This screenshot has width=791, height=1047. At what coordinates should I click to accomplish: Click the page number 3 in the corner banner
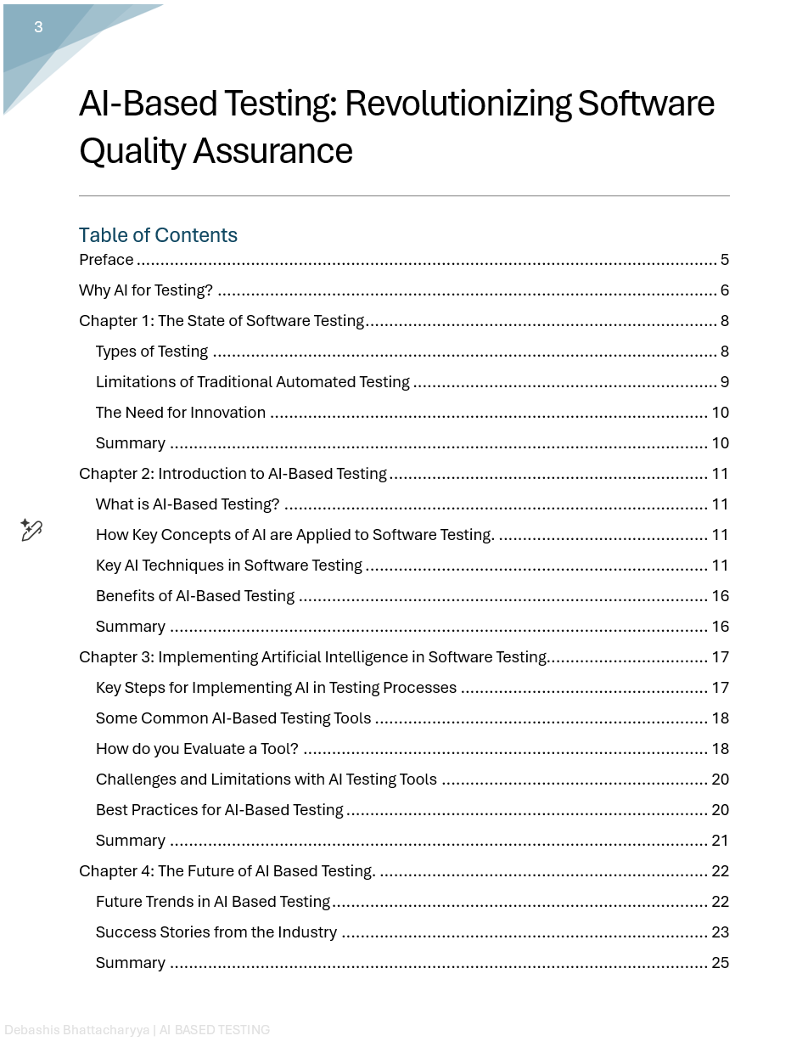point(38,27)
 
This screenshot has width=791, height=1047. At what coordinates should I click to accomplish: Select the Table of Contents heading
point(158,235)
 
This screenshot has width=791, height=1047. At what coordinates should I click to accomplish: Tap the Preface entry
point(106,260)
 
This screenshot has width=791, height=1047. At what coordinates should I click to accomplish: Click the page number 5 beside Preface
point(724,260)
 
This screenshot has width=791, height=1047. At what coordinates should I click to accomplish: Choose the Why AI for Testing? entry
point(146,290)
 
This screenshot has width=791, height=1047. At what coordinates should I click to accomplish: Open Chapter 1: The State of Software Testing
point(222,321)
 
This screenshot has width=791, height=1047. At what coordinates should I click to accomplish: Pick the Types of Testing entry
point(152,352)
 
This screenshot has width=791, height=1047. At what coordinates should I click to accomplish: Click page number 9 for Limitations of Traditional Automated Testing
point(724,382)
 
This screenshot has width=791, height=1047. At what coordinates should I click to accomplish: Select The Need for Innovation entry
point(181,413)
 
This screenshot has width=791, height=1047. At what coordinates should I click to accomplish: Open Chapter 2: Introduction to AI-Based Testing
point(233,474)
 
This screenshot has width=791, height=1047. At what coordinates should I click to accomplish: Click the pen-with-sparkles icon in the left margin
point(31,530)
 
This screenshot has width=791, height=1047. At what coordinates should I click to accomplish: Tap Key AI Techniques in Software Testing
point(229,566)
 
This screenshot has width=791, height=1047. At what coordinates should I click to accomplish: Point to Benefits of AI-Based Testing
point(195,596)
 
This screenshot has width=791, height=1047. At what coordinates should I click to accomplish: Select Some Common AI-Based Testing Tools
point(233,718)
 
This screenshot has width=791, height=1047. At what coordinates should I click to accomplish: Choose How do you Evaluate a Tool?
point(197,749)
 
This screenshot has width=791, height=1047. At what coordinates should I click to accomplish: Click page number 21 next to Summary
point(720,841)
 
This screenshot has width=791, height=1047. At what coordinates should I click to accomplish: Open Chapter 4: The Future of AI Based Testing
point(227,871)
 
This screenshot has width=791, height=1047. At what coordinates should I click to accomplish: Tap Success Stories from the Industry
point(216,932)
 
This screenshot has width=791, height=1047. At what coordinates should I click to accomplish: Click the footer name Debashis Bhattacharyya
point(76,1030)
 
